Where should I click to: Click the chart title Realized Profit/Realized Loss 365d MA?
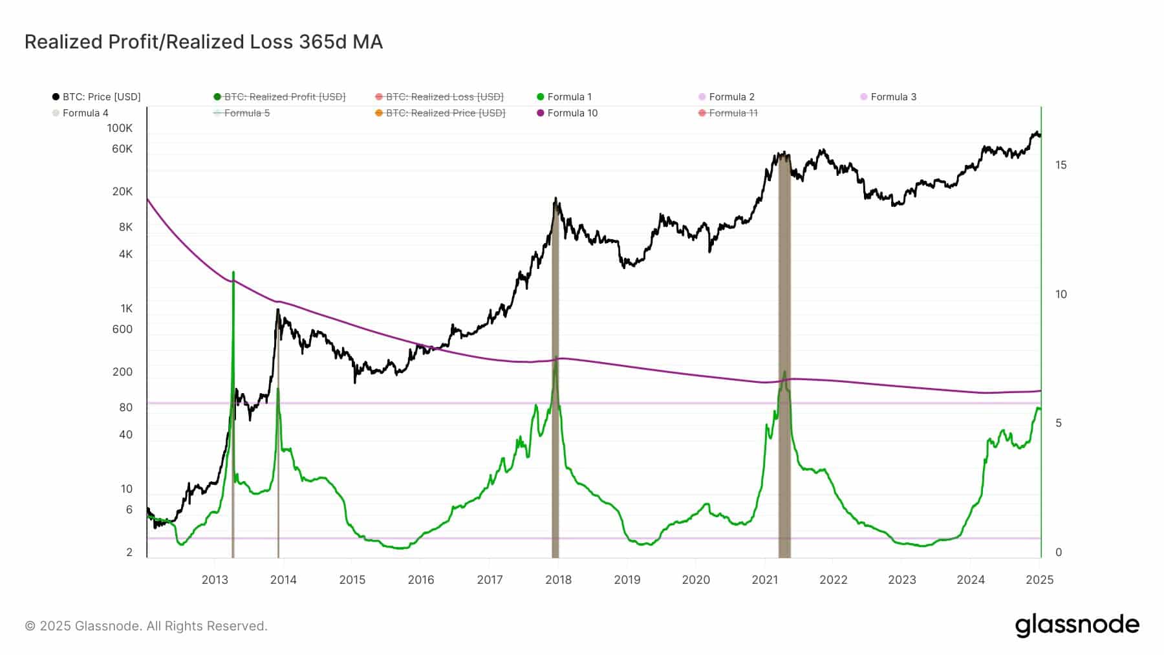coord(204,42)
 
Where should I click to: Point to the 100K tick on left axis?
coord(120,128)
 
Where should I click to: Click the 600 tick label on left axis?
coord(122,329)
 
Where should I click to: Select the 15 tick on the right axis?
coord(1061,165)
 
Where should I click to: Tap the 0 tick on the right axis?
coord(1059,552)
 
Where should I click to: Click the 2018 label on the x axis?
coord(558,580)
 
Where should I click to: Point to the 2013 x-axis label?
coord(215,580)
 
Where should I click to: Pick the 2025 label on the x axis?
coord(1039,580)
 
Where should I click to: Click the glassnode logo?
coord(1077,625)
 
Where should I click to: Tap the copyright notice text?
coord(146,626)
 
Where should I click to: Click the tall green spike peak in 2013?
coord(233,274)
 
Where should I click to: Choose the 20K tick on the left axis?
coord(122,191)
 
